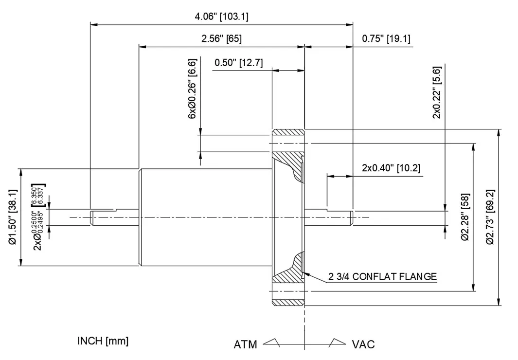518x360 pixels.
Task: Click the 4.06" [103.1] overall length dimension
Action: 221,17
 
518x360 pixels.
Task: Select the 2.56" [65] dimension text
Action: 221,39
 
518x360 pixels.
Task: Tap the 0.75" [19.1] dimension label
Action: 386,39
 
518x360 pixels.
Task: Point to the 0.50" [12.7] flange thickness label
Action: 238,63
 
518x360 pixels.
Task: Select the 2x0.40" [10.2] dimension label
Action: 391,168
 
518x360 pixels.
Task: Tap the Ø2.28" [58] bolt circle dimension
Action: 465,216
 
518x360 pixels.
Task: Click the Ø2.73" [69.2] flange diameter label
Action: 490,217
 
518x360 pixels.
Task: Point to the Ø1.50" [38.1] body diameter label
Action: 13,217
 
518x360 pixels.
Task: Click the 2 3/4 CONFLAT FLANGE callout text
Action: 382,277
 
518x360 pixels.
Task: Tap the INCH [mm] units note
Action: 103,341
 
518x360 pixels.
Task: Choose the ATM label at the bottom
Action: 245,344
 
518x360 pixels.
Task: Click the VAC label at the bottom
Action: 363,344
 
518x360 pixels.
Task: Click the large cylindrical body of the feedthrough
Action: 204,217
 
